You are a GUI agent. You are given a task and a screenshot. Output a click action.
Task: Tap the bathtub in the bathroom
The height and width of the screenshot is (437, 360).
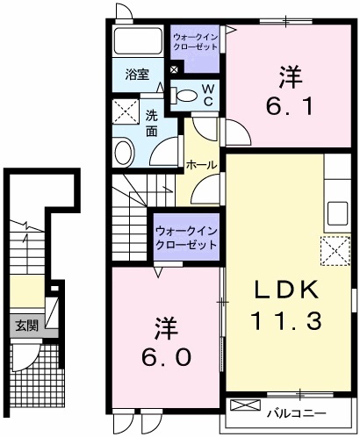tap(138, 41)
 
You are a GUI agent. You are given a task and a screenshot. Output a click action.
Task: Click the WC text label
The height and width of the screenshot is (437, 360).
tap(208, 95)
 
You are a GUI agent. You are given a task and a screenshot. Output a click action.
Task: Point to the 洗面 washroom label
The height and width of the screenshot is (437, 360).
tap(151, 123)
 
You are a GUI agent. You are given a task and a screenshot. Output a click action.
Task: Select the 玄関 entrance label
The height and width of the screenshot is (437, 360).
tap(25, 325)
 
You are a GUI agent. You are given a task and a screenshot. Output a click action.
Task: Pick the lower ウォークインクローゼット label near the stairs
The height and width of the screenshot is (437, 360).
tap(185, 237)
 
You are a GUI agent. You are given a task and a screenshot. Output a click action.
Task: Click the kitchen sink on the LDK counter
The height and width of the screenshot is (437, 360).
tap(337, 212)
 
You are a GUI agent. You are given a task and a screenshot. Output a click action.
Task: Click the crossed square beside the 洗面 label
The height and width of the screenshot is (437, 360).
tap(125, 113)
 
